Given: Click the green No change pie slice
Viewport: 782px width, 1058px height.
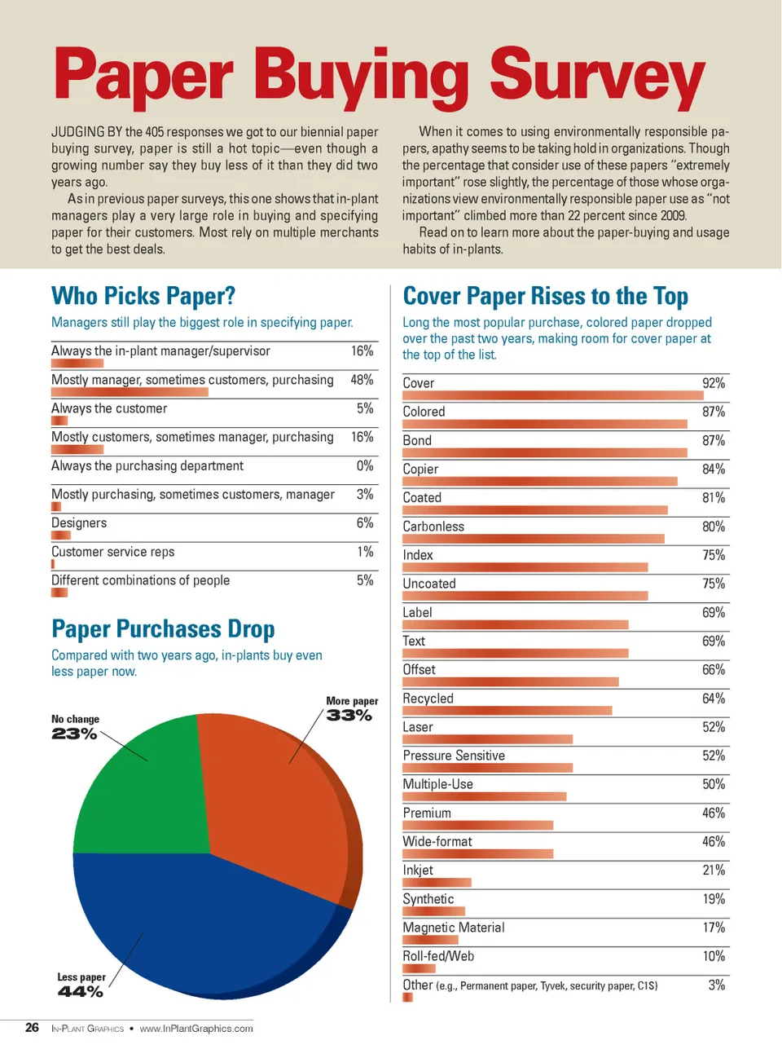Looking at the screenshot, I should click(143, 791).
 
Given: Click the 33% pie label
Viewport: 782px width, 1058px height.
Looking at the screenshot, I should click(349, 716).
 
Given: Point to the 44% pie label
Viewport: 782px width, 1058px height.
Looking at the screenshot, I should click(80, 992).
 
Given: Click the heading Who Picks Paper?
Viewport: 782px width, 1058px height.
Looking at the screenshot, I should click(143, 296).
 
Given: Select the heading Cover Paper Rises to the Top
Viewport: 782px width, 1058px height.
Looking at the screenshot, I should click(545, 296).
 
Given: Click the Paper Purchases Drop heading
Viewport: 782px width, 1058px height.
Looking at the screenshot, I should click(163, 629).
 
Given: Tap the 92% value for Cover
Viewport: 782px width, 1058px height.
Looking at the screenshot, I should click(714, 383).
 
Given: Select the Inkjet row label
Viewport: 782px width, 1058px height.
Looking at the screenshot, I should click(418, 871).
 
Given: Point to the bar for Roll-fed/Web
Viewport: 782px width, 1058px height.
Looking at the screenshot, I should click(419, 968).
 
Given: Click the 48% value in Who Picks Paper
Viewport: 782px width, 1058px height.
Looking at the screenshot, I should click(362, 380).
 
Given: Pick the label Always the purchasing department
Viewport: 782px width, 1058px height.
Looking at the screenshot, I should click(147, 466).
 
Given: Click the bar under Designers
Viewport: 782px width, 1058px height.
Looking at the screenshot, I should click(61, 536).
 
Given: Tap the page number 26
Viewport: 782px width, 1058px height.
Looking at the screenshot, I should click(32, 1028).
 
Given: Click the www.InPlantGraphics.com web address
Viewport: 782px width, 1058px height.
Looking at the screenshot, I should click(196, 1029).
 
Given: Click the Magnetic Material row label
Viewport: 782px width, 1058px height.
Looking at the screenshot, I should click(453, 928).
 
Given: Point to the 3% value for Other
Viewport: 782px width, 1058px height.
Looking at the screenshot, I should click(716, 985).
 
